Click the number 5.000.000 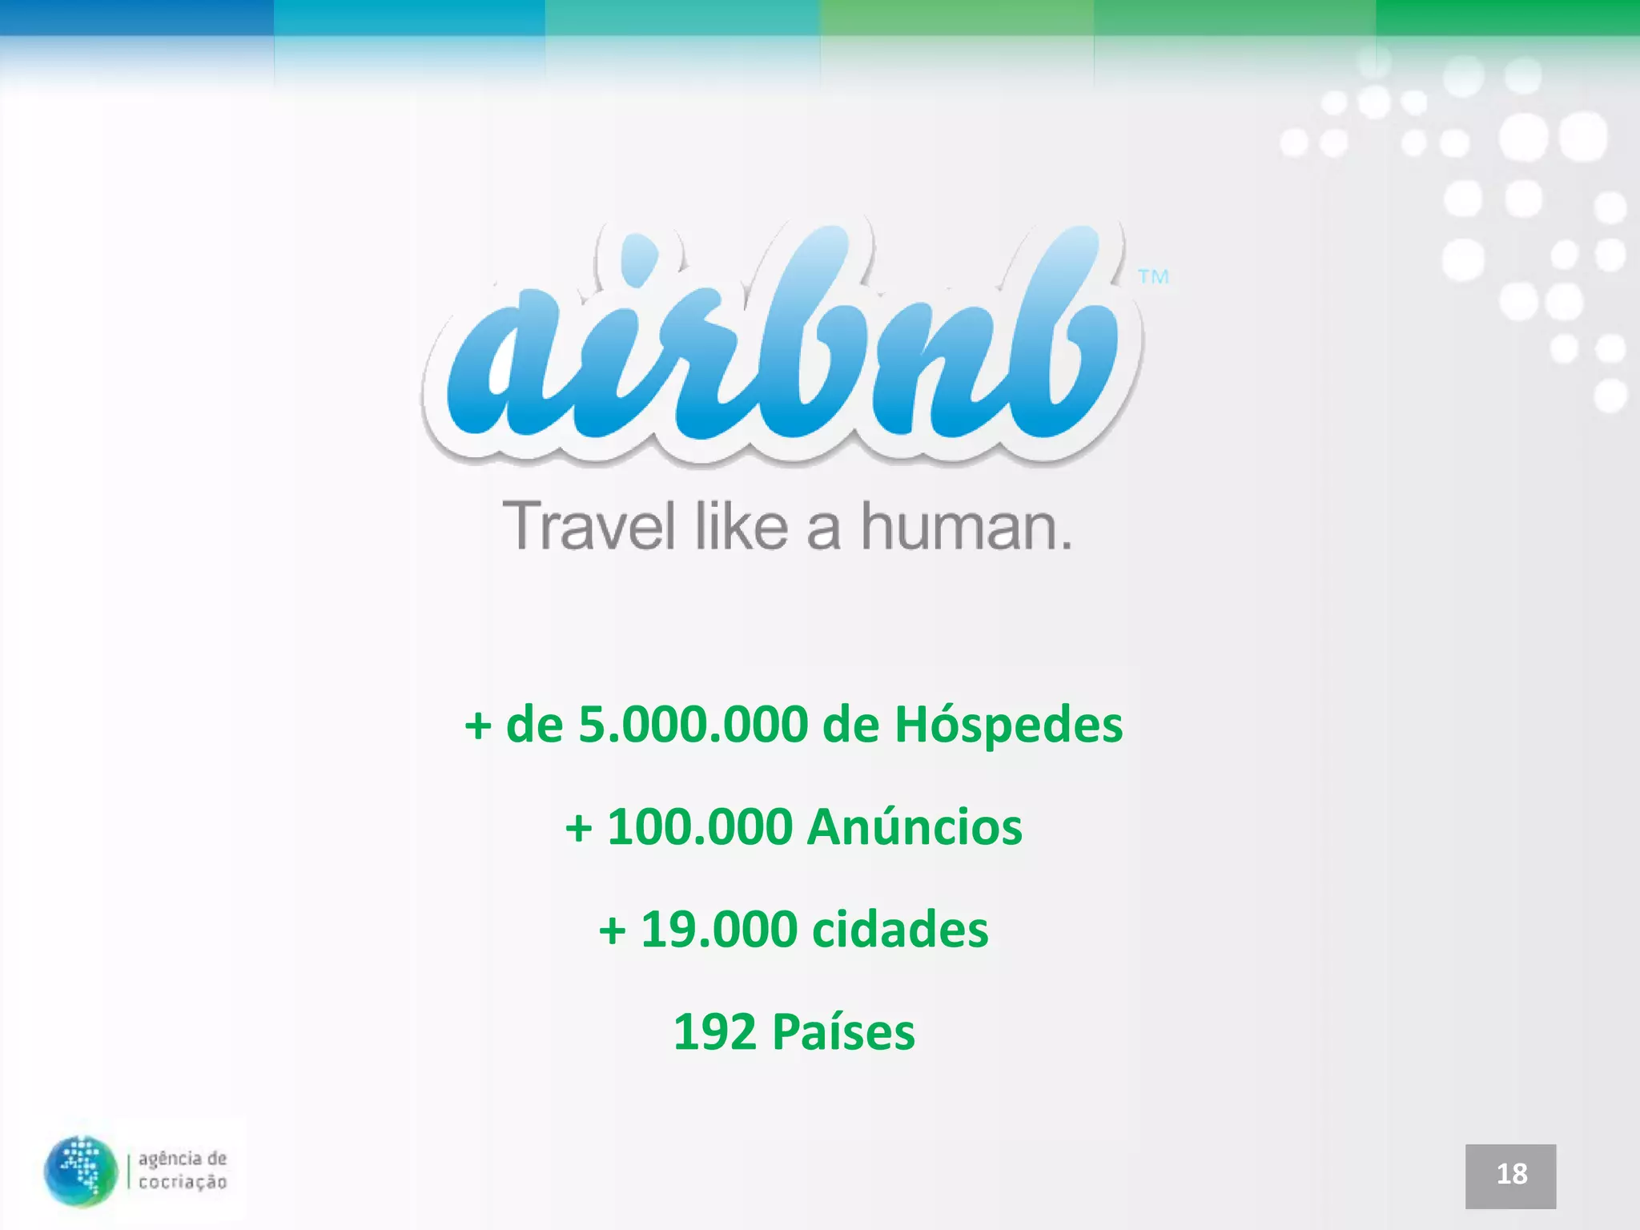pyautogui.click(x=693, y=725)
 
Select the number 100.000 pyautogui.click(x=700, y=826)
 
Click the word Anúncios pyautogui.click(x=914, y=826)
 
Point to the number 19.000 pyautogui.click(x=719, y=929)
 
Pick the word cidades pyautogui.click(x=900, y=929)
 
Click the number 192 pyautogui.click(x=714, y=1031)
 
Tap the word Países pyautogui.click(x=843, y=1031)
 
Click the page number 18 pyautogui.click(x=1511, y=1174)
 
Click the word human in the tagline pyautogui.click(x=957, y=525)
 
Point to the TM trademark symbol pyautogui.click(x=1153, y=277)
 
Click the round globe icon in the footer pyautogui.click(x=80, y=1170)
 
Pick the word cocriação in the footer pyautogui.click(x=183, y=1182)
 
